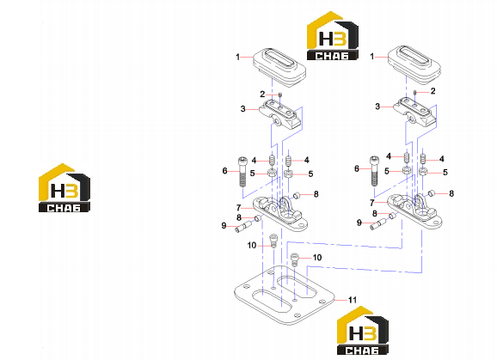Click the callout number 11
pyautogui.click(x=353, y=300)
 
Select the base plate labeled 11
pyautogui.click(x=285, y=295)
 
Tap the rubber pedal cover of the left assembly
pyautogui.click(x=279, y=67)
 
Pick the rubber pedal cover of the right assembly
pyautogui.click(x=414, y=65)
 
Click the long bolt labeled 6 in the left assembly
pyautogui.click(x=242, y=172)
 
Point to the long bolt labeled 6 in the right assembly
pyautogui.click(x=374, y=171)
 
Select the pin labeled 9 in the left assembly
pyautogui.click(x=243, y=227)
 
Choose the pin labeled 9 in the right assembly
pyautogui.click(x=378, y=225)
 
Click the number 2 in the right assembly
pyautogui.click(x=433, y=91)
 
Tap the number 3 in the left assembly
pyautogui.click(x=242, y=109)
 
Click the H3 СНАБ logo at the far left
pyautogui.click(x=64, y=188)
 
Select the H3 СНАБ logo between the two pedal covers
pyautogui.click(x=333, y=36)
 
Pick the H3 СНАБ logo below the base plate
pyautogui.click(x=363, y=330)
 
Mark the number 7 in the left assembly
pyautogui.click(x=239, y=208)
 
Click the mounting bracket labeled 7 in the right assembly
pyautogui.click(x=414, y=211)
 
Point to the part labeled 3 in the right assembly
pyautogui.click(x=414, y=113)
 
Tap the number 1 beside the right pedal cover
pyautogui.click(x=372, y=57)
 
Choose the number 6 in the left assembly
pyautogui.click(x=224, y=171)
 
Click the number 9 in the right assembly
pyautogui.click(x=359, y=223)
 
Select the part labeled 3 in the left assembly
pyautogui.click(x=280, y=114)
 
